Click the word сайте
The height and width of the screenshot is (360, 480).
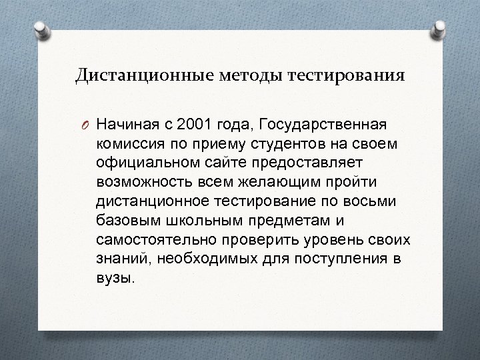coord(225,162)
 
